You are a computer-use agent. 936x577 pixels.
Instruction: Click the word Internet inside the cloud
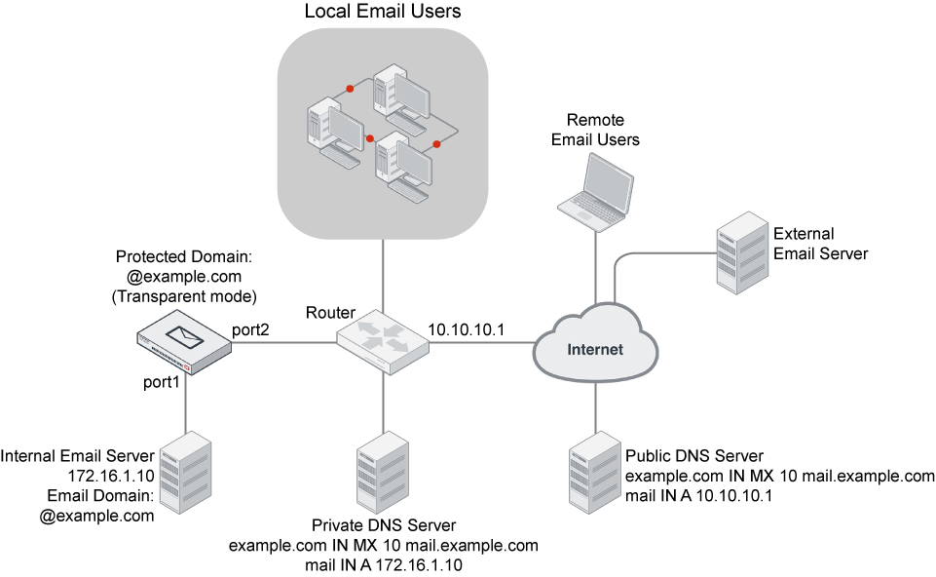click(595, 349)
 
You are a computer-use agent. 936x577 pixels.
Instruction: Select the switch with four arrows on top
click(383, 338)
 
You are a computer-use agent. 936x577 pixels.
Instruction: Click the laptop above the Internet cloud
click(595, 193)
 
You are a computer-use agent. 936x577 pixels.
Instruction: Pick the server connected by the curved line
click(742, 252)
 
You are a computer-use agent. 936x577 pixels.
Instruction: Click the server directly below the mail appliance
click(185, 472)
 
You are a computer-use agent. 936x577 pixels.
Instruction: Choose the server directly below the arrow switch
click(383, 472)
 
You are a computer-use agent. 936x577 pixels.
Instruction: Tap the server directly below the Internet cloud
click(595, 472)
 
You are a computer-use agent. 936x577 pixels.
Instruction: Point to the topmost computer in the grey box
click(400, 98)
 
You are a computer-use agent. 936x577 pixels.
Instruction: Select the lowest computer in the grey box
click(402, 167)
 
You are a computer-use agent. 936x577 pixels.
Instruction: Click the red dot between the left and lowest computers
click(370, 138)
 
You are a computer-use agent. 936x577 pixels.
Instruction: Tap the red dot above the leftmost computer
click(350, 89)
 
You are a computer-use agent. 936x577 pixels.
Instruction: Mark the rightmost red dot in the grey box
click(436, 144)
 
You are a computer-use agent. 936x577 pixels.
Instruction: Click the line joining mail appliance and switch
click(282, 342)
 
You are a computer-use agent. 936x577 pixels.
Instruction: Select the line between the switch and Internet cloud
click(481, 342)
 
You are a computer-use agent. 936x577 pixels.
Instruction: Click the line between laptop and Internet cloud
click(595, 263)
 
